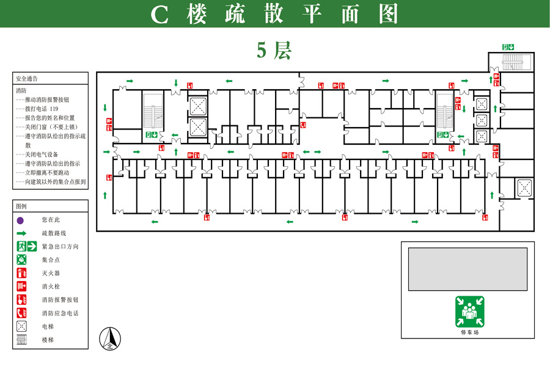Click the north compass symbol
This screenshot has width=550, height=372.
(110, 338)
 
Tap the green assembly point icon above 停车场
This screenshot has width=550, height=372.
(470, 312)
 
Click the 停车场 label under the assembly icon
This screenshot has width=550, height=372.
(470, 332)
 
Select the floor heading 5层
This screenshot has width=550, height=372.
(274, 50)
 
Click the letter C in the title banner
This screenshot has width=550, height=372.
(159, 15)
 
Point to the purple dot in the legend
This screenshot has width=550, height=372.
(20, 220)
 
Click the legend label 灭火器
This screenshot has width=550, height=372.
(51, 273)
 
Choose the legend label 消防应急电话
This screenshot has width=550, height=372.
(60, 313)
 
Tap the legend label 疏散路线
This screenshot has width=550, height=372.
(54, 233)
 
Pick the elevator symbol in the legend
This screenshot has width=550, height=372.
(21, 326)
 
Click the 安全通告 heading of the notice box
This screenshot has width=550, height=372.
(27, 79)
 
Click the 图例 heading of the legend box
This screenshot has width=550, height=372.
(21, 206)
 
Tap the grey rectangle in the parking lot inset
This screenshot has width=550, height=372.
(468, 269)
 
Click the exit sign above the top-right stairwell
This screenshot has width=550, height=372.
(508, 47)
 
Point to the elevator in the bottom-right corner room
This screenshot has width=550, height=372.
(524, 188)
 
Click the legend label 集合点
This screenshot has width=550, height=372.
(51, 260)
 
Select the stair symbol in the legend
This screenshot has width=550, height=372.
(21, 340)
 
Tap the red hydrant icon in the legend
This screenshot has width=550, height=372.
(21, 286)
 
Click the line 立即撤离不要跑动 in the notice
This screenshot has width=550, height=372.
(47, 172)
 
